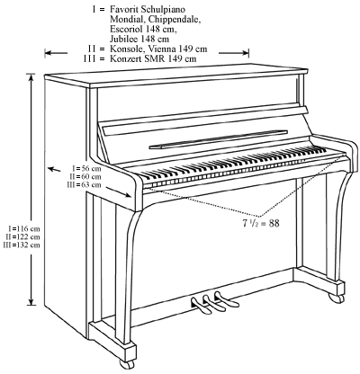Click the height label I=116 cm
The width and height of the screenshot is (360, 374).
coord(18,228)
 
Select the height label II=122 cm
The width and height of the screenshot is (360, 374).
coord(18,236)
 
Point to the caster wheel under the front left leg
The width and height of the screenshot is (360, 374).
coord(121,365)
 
